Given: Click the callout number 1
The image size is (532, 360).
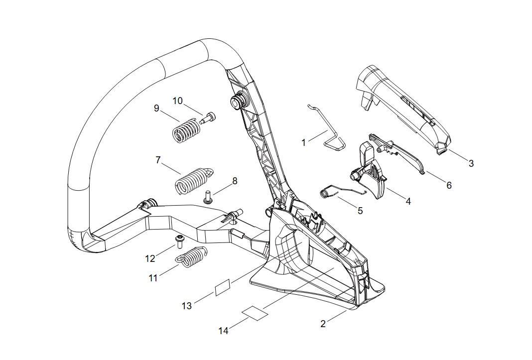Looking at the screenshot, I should coord(304,143).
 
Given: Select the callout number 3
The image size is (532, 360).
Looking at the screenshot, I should coord(471,163).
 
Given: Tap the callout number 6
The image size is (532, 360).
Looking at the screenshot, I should coord(449,185).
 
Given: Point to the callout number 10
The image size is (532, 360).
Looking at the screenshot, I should coord(178,101).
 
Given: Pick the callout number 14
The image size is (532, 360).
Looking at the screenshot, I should coord(224,330).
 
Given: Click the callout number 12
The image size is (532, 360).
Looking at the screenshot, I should coord(150,258).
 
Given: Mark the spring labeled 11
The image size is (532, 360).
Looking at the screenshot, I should coord(192,260).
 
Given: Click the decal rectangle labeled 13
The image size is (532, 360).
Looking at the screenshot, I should coord(223,288).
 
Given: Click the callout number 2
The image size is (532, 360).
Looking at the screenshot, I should coord(323,324).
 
